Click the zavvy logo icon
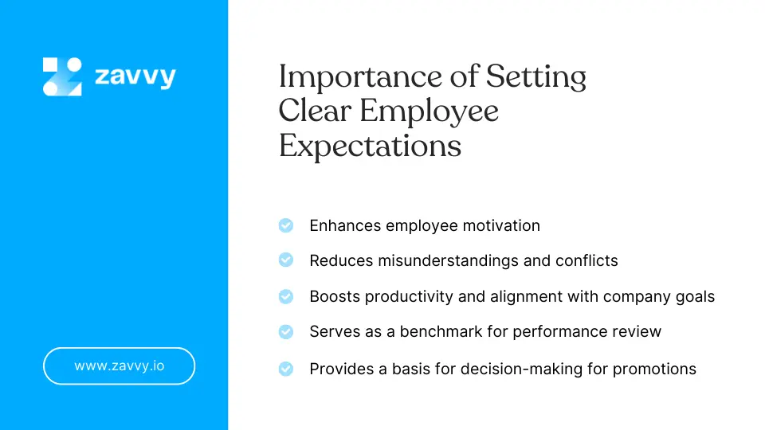coord(62,76)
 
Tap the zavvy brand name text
coord(135,77)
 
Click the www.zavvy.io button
coord(119,365)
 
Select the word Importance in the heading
coord(360,77)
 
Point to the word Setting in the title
coord(536,77)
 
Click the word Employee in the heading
coord(429,111)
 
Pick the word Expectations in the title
coord(370,146)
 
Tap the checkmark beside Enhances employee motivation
coord(286,225)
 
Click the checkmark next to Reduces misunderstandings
coord(286,260)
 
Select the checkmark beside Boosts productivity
coord(286,296)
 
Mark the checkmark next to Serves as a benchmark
coord(286,331)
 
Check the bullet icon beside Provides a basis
coord(286,369)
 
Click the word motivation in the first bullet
coord(501,225)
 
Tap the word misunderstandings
coord(449,260)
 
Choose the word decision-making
coord(521,369)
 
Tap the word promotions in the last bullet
coord(654,369)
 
